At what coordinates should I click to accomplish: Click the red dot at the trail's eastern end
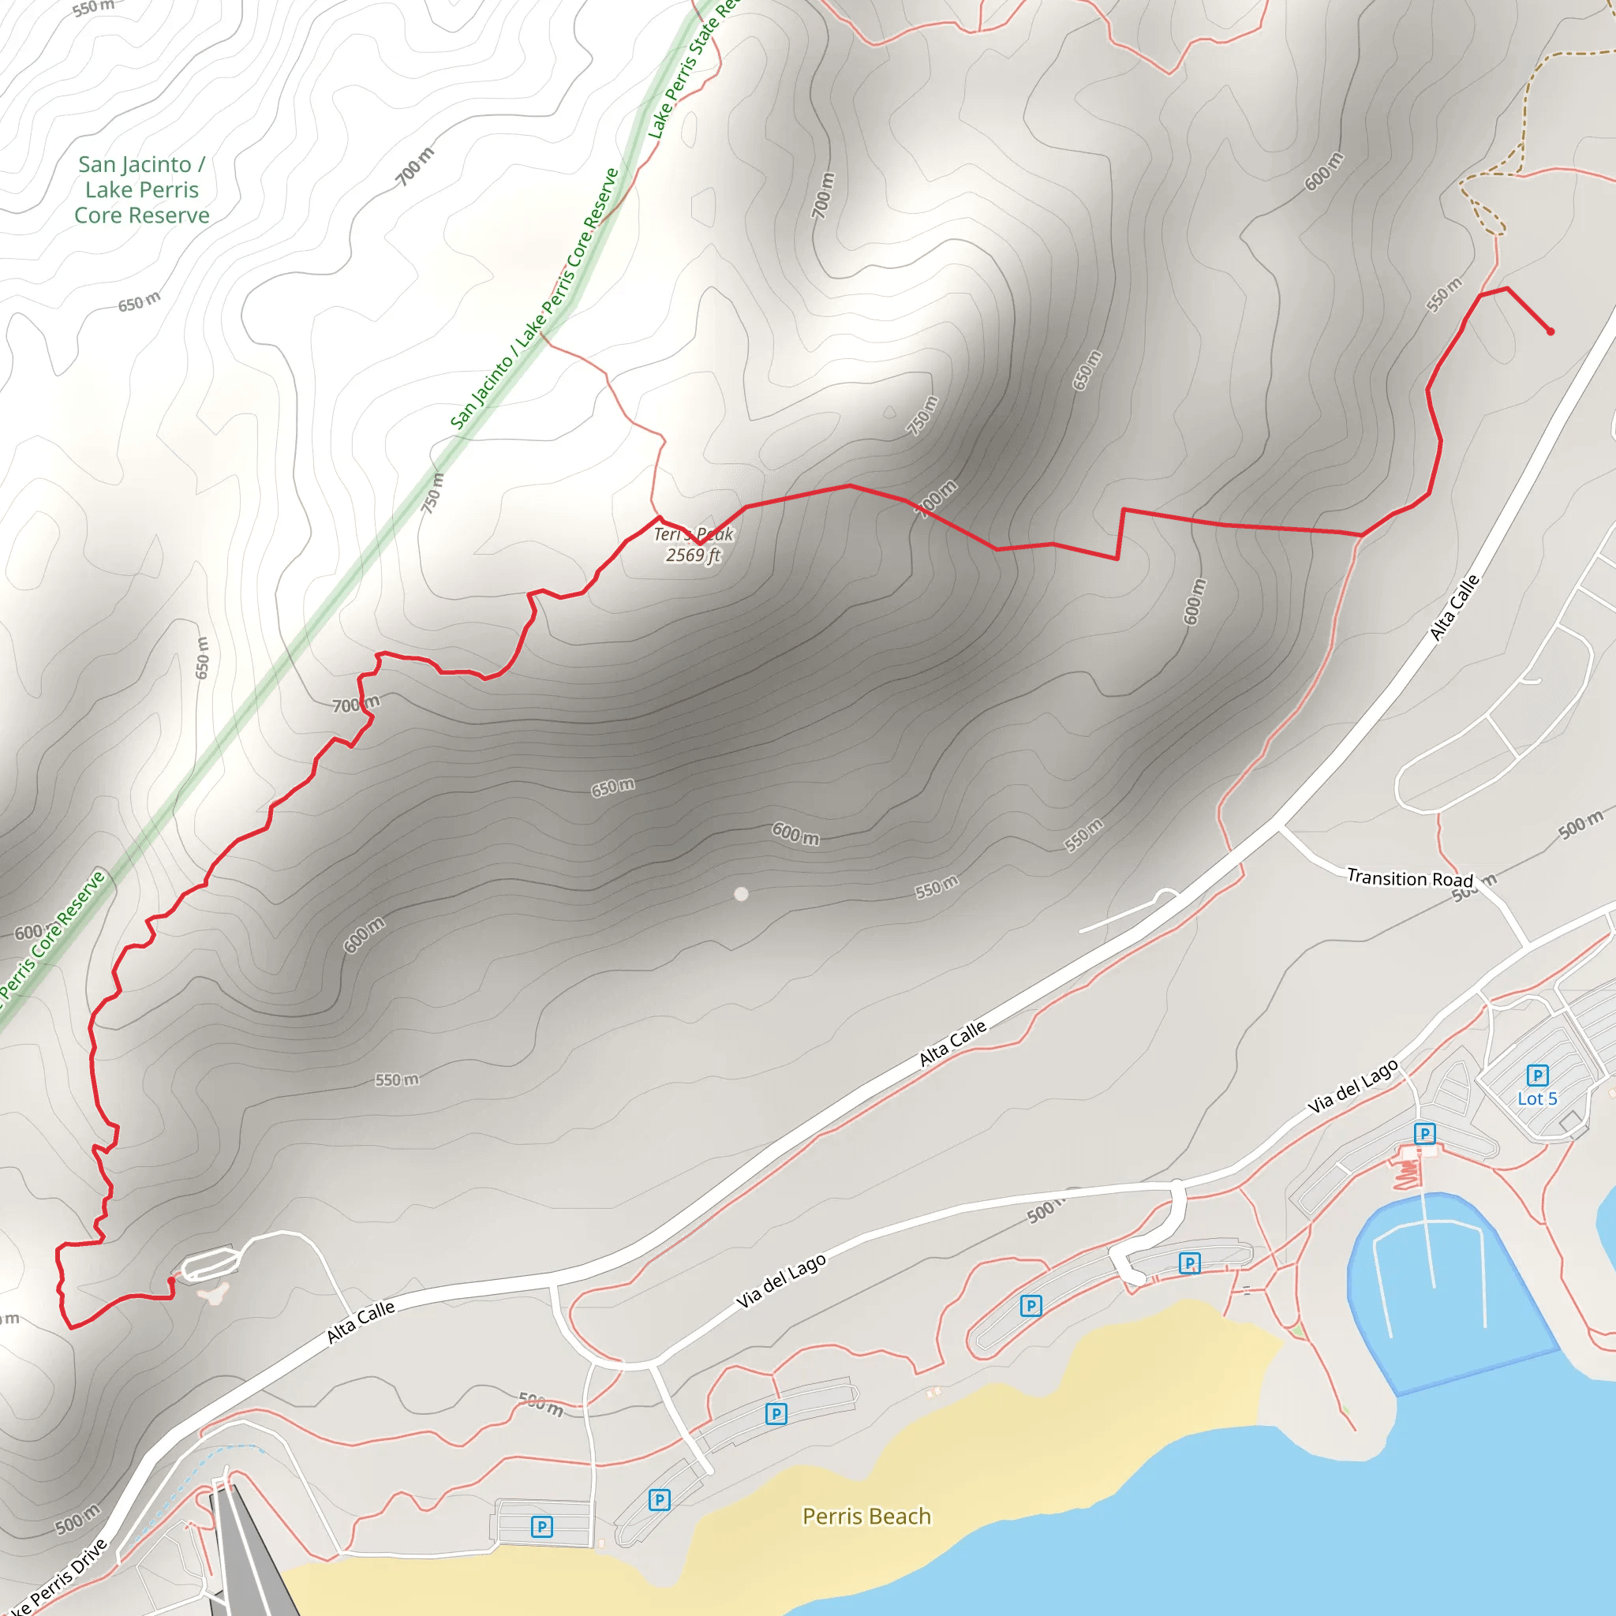pyautogui.click(x=1550, y=331)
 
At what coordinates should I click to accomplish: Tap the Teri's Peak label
pyautogui.click(x=693, y=534)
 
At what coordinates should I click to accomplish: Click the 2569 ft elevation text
pyautogui.click(x=693, y=555)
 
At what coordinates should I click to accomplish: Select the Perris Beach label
pyautogui.click(x=866, y=1516)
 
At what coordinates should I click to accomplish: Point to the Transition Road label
pyautogui.click(x=1409, y=878)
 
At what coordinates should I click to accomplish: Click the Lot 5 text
pyautogui.click(x=1537, y=1099)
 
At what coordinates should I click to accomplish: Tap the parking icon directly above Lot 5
pyautogui.click(x=1537, y=1075)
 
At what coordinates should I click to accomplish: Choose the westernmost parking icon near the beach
pyautogui.click(x=542, y=1527)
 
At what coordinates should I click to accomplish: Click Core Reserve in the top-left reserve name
pyautogui.click(x=141, y=215)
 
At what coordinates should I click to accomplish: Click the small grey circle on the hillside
pyautogui.click(x=741, y=894)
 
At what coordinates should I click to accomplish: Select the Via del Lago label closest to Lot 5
pyautogui.click(x=1352, y=1087)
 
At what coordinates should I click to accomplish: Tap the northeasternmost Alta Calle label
pyautogui.click(x=1454, y=608)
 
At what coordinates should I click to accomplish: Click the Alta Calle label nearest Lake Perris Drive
pyautogui.click(x=361, y=1322)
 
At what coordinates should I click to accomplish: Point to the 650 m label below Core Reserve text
pyautogui.click(x=139, y=302)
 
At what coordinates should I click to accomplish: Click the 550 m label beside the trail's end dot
pyautogui.click(x=1445, y=294)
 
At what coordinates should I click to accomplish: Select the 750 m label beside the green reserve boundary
pyautogui.click(x=432, y=492)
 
